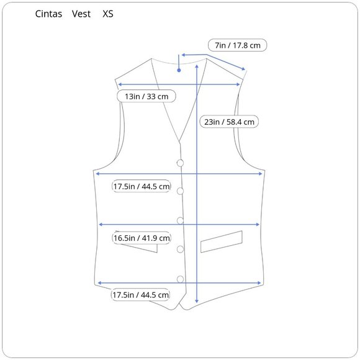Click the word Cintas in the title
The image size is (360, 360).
[48, 14]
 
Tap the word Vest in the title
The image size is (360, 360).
[81, 14]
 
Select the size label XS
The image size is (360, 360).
[107, 14]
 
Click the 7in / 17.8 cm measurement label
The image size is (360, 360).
[237, 45]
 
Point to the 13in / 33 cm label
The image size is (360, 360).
[146, 96]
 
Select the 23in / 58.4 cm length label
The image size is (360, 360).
[229, 122]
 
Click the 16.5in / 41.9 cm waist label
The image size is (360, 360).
[142, 238]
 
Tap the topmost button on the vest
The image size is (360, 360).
[180, 163]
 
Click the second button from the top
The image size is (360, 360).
[180, 191]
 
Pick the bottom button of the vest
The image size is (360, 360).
[180, 279]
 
